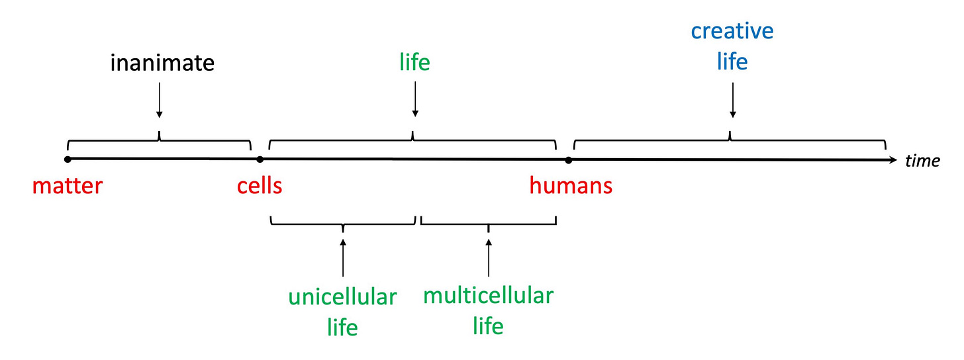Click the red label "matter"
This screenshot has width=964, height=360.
click(x=68, y=186)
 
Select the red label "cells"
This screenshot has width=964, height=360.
click(x=260, y=186)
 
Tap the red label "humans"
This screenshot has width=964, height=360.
click(x=571, y=186)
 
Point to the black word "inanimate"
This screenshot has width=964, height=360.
click(x=162, y=64)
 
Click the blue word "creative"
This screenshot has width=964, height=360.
click(x=732, y=31)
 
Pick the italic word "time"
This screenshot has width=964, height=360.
click(x=923, y=161)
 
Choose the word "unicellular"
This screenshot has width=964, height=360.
click(x=342, y=297)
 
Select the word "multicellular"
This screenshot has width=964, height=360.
click(x=488, y=295)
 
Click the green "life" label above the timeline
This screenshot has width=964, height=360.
click(x=414, y=63)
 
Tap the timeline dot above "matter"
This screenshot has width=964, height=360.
click(x=68, y=159)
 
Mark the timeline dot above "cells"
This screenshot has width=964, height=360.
click(x=260, y=159)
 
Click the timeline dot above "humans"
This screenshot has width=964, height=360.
click(x=568, y=159)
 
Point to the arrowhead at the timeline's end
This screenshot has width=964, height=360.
click(x=892, y=159)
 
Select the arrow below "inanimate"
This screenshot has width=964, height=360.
click(x=159, y=102)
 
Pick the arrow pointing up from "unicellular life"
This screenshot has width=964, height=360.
click(x=342, y=258)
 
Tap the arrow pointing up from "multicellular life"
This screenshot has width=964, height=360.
click(x=489, y=258)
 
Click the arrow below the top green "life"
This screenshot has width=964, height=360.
click(x=414, y=99)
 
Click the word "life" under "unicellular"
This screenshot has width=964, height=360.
click(x=342, y=328)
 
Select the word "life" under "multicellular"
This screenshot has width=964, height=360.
click(x=488, y=326)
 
